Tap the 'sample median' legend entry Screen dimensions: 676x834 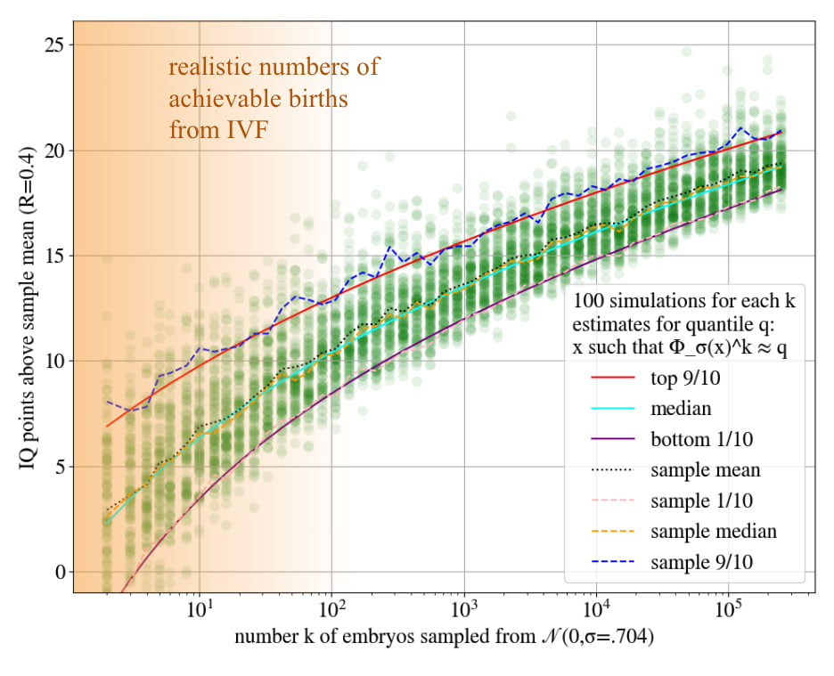click(713, 531)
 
